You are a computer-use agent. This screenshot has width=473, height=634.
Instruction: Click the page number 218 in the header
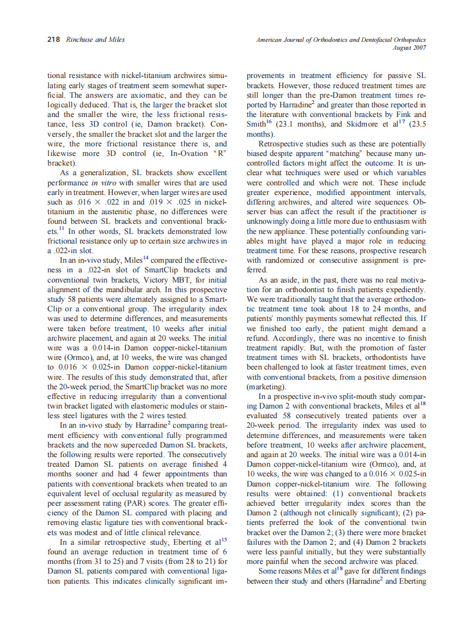pos(53,40)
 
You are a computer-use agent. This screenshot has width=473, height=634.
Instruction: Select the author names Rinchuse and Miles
pos(95,40)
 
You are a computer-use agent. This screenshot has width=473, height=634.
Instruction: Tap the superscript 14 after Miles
pos(142,258)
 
